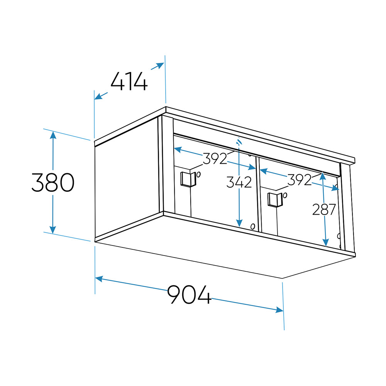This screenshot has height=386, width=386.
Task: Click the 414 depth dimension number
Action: click(x=129, y=81)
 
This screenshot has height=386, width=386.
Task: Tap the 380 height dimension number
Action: click(x=53, y=183)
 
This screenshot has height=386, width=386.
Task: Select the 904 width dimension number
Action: click(x=189, y=295)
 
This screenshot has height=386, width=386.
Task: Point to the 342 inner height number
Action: click(x=239, y=182)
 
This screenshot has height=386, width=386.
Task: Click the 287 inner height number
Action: click(x=324, y=210)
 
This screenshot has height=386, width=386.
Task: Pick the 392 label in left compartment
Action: click(x=215, y=159)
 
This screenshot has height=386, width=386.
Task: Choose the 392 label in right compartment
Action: click(x=300, y=180)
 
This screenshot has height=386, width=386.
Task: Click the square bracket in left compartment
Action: click(x=188, y=179)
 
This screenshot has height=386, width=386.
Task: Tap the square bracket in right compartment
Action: click(x=275, y=200)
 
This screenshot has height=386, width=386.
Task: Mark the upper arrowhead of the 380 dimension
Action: click(x=53, y=135)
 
